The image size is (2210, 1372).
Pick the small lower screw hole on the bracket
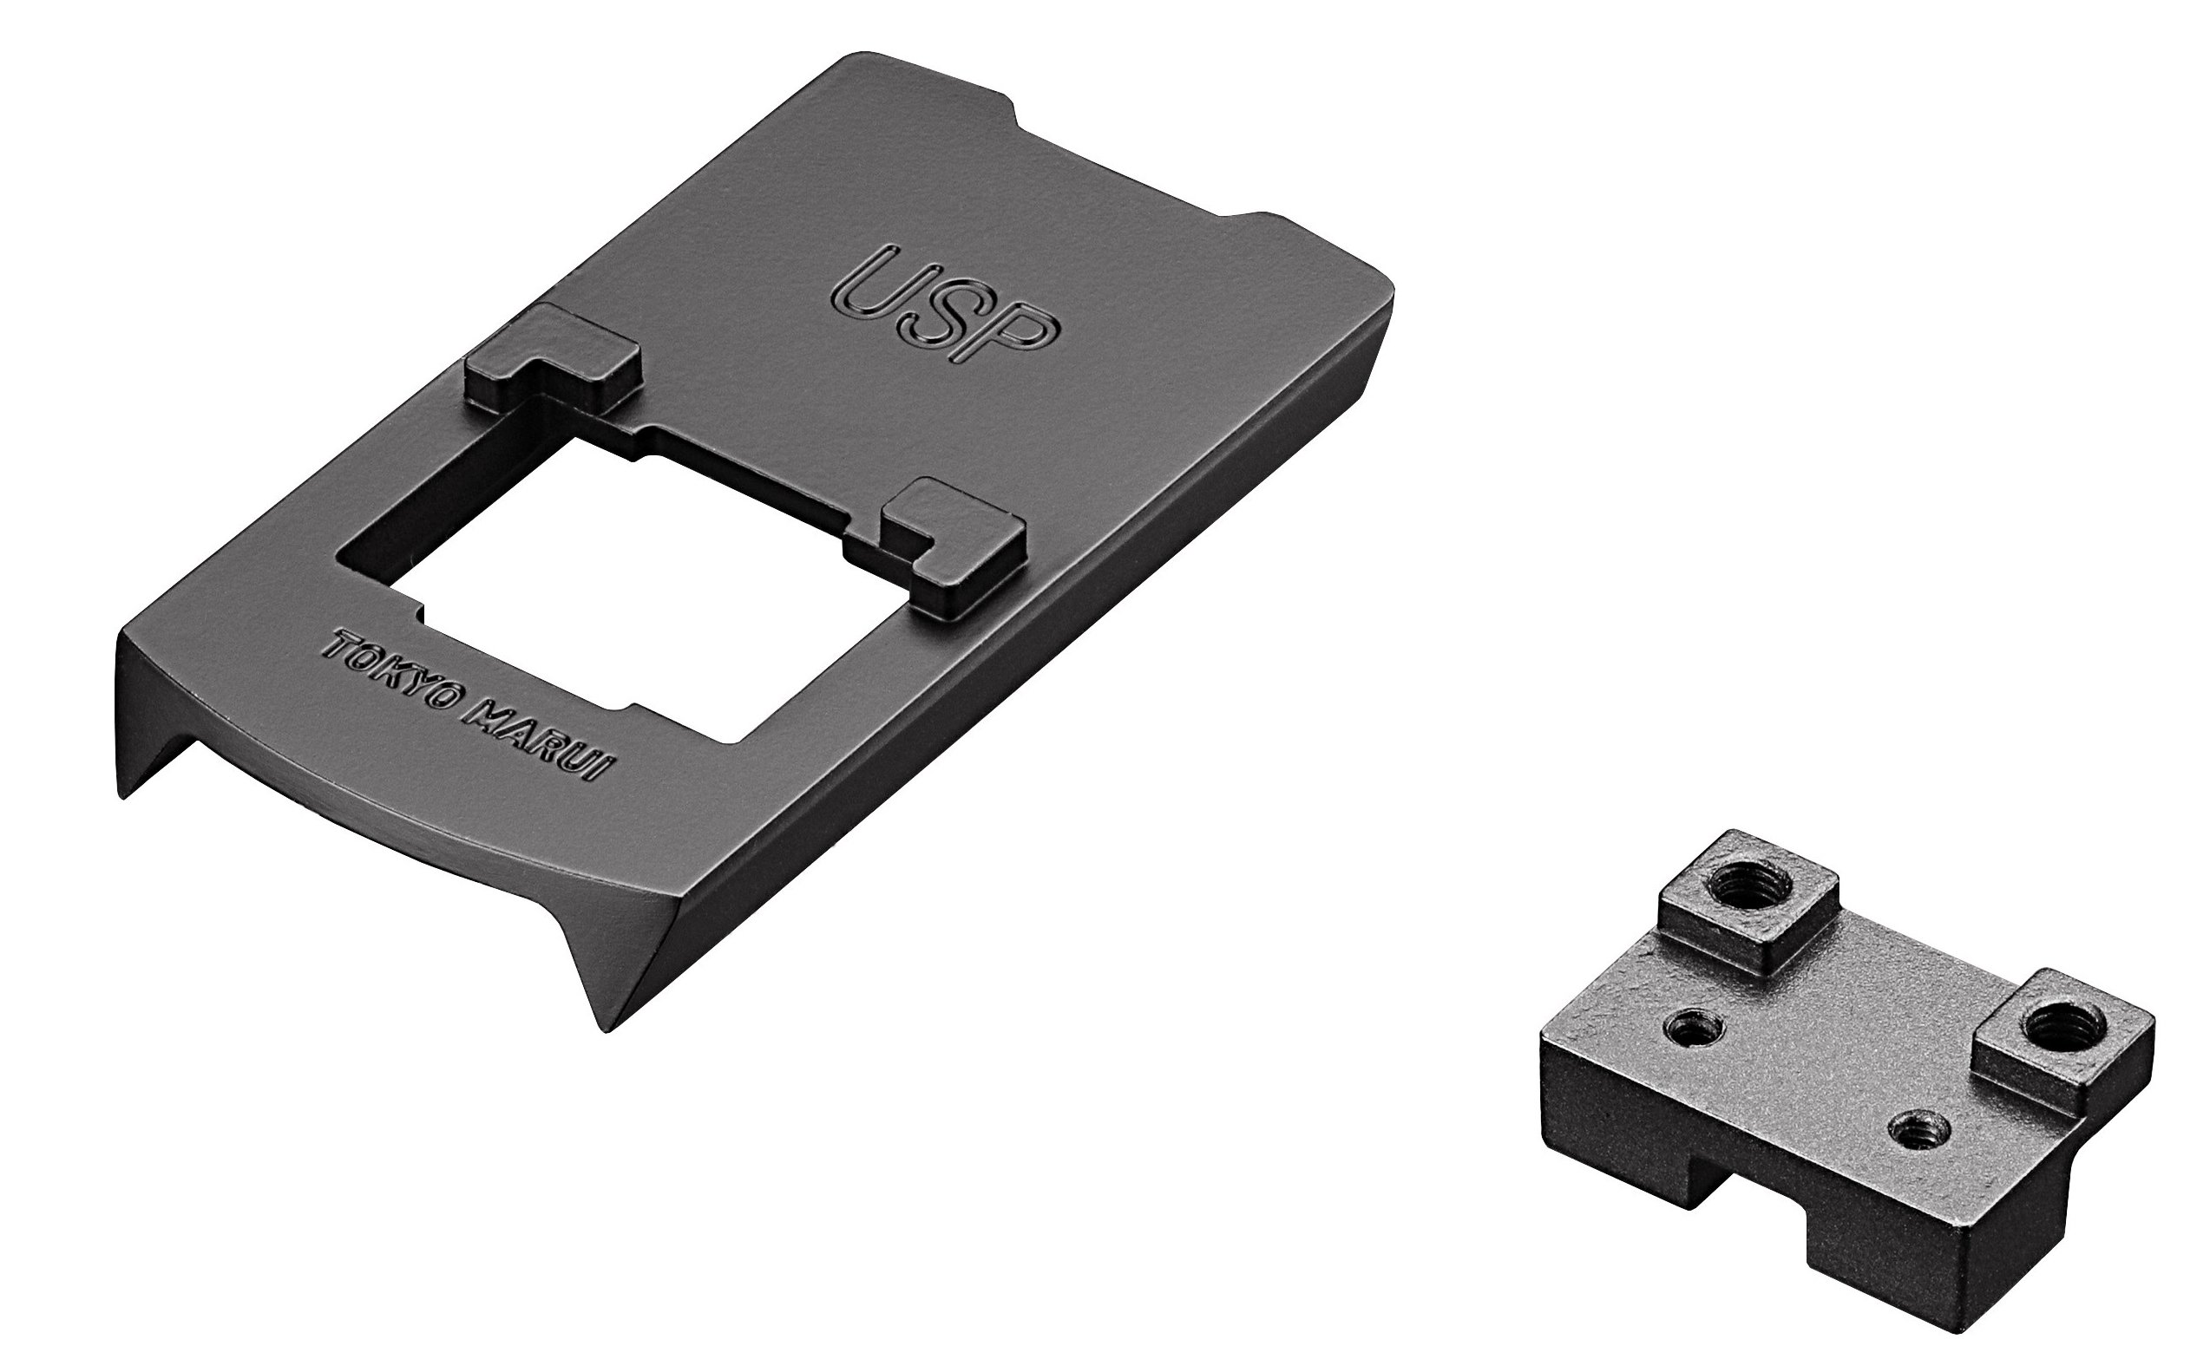(x=1914, y=1129)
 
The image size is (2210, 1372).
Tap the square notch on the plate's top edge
(x=1125, y=177)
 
